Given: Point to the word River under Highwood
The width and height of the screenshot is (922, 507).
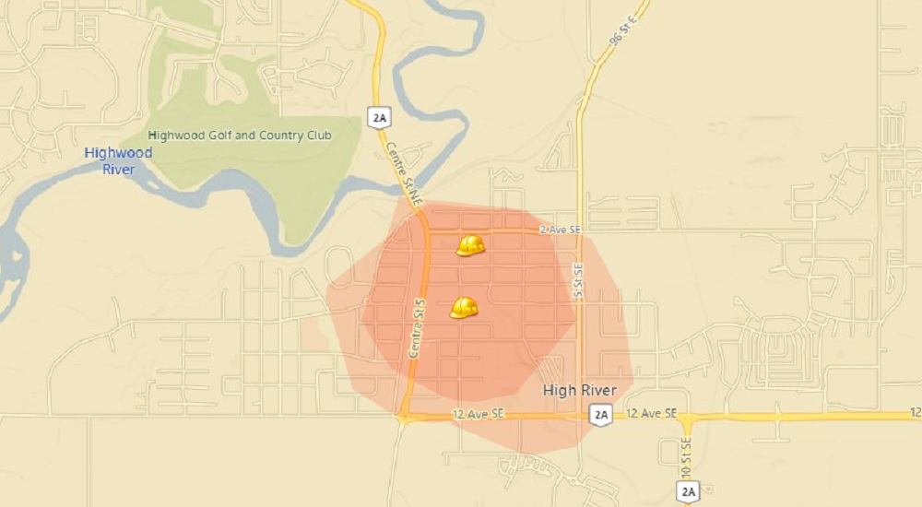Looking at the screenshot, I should tap(119, 170).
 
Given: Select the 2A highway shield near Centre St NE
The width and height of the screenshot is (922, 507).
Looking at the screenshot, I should tap(378, 117).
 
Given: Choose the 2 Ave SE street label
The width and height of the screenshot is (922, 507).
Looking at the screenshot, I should tap(561, 230).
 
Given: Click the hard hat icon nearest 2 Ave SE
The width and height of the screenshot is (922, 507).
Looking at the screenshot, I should tap(470, 245).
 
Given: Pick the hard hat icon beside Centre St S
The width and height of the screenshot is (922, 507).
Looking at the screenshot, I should tap(464, 308).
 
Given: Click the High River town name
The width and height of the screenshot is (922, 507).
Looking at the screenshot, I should tap(580, 390).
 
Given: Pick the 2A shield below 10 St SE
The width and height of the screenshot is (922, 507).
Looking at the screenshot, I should tap(688, 491).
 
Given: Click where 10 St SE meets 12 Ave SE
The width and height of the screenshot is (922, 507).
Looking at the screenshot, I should tap(686, 417).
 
